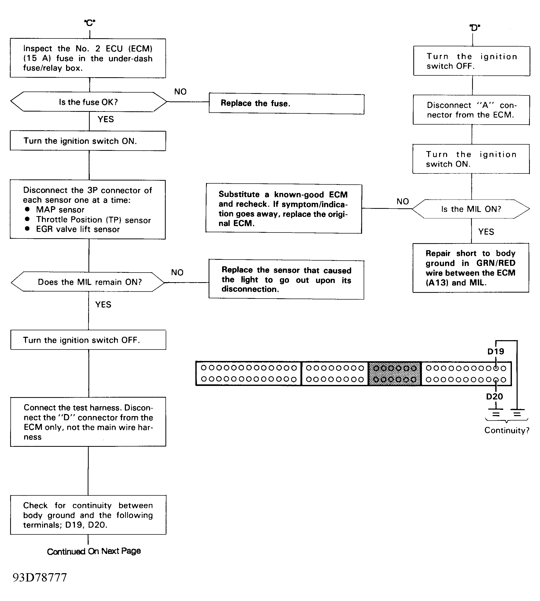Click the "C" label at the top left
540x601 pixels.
click(x=89, y=23)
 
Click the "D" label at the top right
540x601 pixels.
click(x=475, y=28)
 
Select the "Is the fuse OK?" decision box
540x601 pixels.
click(x=89, y=102)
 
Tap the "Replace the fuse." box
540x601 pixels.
click(x=287, y=104)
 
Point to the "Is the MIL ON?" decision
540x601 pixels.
click(x=471, y=209)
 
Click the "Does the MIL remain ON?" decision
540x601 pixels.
click(x=88, y=282)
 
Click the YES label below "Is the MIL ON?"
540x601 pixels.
click(x=486, y=232)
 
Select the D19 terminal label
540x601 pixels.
click(x=496, y=352)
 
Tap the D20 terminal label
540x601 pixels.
click(x=494, y=397)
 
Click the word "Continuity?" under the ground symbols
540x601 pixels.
click(x=507, y=430)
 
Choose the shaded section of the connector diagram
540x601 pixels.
click(x=395, y=374)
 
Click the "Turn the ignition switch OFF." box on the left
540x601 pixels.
click(x=88, y=340)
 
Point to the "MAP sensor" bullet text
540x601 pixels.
click(x=60, y=210)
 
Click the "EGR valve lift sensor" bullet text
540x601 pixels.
click(x=78, y=229)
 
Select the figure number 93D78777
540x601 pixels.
click(x=40, y=578)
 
